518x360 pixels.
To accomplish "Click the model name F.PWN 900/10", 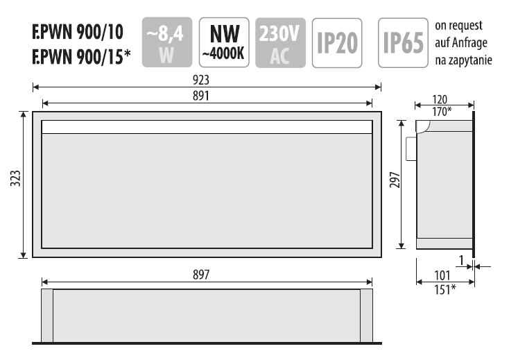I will [x=78, y=32].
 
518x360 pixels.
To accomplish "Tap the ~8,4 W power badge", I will [x=166, y=43].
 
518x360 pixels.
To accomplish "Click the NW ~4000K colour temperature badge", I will [x=223, y=42].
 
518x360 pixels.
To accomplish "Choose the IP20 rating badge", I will [x=337, y=43].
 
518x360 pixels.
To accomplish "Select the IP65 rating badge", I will [x=404, y=43].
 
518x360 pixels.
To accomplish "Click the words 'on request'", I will [x=459, y=26].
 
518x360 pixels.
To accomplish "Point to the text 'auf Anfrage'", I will [x=461, y=43].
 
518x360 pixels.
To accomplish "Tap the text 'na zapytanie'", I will [x=463, y=60].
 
